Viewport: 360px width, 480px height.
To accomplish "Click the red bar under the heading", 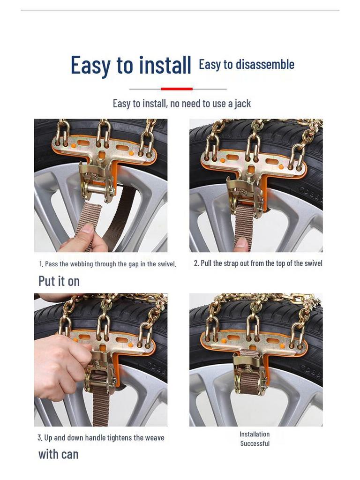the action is click(x=177, y=89).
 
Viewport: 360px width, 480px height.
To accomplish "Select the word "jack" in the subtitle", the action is click(x=243, y=104).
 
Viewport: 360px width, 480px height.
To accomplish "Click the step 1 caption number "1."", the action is click(x=41, y=264).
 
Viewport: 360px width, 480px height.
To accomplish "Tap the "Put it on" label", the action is click(x=59, y=281).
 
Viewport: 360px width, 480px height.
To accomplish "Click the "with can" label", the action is click(x=58, y=454).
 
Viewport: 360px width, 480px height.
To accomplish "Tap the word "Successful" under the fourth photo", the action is click(x=255, y=443).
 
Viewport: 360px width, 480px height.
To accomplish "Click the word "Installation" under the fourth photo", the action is click(x=255, y=434).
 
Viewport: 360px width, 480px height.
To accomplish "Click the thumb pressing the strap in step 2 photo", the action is click(x=242, y=244).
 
